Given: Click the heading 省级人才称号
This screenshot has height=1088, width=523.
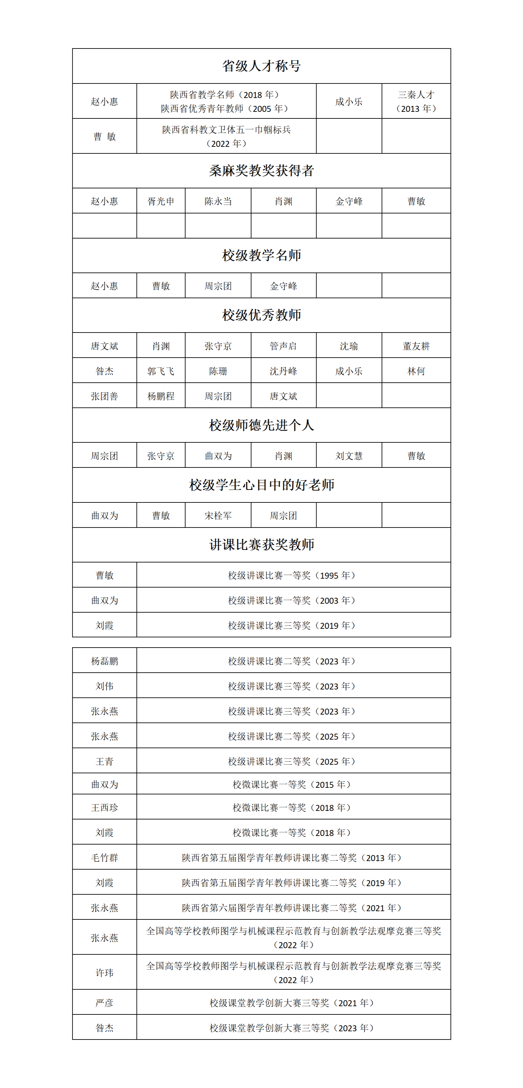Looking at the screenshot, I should [261, 66].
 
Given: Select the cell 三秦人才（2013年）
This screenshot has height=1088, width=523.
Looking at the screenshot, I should [416, 101].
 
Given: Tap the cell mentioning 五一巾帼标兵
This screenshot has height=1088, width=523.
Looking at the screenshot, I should [226, 136].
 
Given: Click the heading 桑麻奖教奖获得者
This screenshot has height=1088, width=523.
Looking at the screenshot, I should [261, 171].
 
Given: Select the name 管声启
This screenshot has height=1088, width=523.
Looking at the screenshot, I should [283, 346].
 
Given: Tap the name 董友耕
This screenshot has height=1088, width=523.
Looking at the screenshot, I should [416, 346].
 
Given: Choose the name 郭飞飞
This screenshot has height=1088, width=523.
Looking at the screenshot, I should [161, 371].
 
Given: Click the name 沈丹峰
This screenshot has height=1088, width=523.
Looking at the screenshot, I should [283, 371].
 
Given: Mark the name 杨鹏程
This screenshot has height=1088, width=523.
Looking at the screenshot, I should [161, 396].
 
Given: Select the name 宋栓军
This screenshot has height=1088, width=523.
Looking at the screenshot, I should [218, 516].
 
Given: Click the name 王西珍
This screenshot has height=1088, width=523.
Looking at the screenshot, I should [104, 808].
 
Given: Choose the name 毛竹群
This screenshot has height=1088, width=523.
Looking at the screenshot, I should [104, 858].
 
